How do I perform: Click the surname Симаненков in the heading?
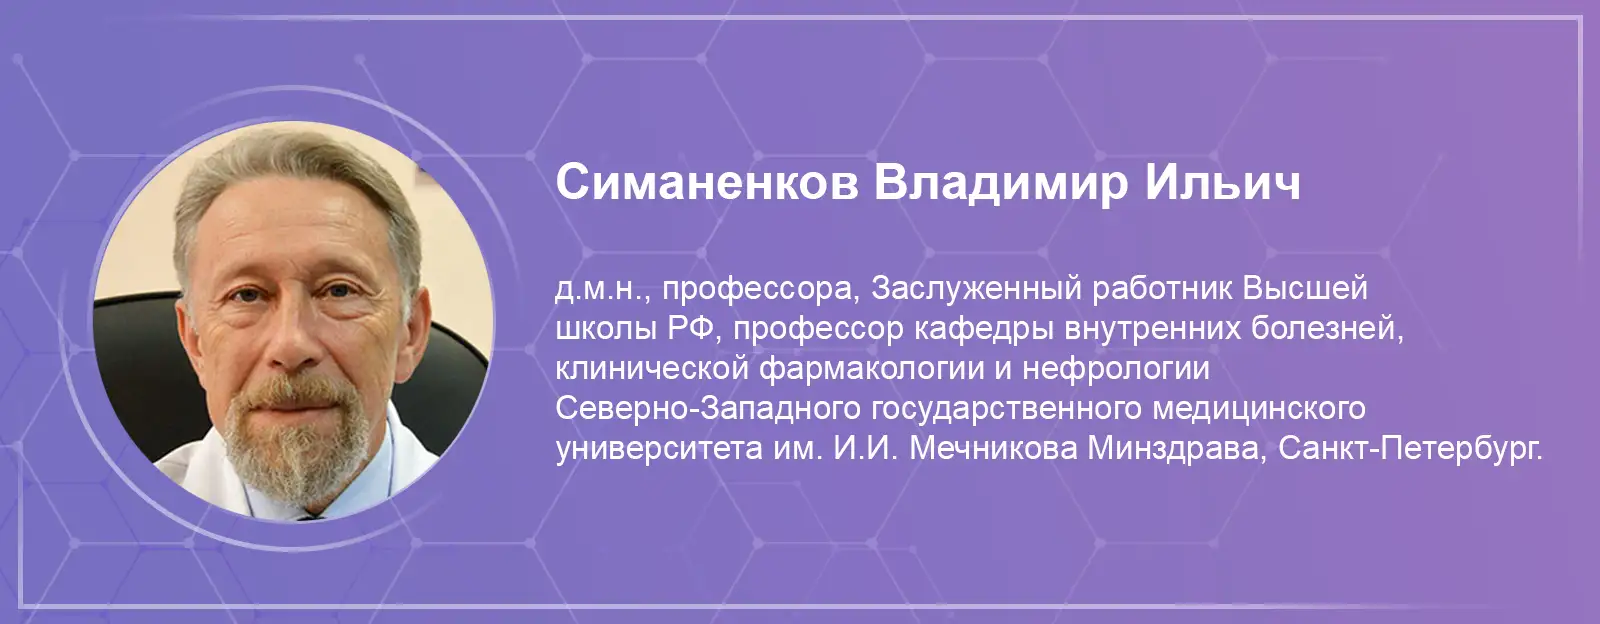coord(707,183)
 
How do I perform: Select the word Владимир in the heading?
coord(1000,184)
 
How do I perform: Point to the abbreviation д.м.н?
coord(603,289)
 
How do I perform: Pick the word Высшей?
coord(1305,288)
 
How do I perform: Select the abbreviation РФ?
coord(691,328)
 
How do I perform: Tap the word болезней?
coord(1326,329)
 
